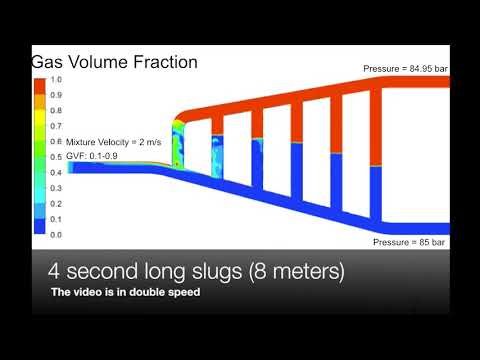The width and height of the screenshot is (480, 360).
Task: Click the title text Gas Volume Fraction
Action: coord(114,62)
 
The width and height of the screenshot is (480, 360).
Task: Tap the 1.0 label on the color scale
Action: coord(56,79)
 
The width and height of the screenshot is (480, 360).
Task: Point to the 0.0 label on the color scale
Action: coord(56,234)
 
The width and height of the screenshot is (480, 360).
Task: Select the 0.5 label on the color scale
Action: coord(56,157)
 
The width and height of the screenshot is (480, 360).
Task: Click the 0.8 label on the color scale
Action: coord(56,110)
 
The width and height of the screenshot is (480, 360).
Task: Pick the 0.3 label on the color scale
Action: coord(56,188)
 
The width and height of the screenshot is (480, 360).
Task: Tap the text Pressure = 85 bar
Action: coord(409,242)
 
